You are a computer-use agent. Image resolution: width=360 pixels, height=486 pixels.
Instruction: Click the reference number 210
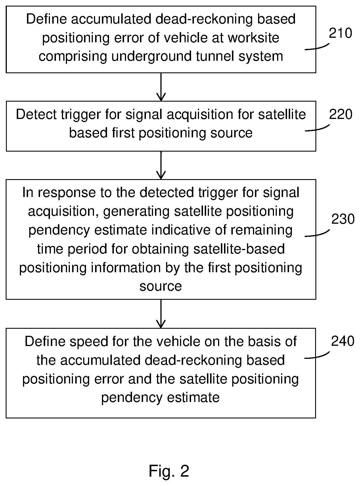tap(340, 33)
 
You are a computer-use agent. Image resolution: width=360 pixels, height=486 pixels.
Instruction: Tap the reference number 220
tap(340, 114)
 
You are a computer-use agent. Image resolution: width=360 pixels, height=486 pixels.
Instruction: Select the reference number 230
tap(343, 219)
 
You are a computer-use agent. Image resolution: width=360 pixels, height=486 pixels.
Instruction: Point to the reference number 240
tap(343, 341)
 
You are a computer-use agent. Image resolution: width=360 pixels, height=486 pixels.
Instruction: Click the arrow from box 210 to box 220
tap(161, 87)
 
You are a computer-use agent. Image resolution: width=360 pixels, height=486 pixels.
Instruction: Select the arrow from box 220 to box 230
tap(161, 165)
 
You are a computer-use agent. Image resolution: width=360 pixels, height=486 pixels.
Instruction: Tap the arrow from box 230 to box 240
tap(161, 314)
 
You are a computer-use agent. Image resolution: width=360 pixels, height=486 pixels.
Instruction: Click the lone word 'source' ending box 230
tap(161, 286)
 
